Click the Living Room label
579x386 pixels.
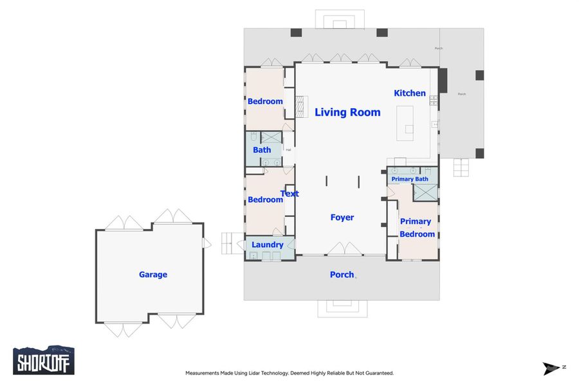click(x=347, y=113)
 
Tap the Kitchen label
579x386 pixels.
click(x=410, y=93)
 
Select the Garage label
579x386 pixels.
click(x=153, y=275)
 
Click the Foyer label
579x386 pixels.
click(x=342, y=217)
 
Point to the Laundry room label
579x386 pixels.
click(x=268, y=245)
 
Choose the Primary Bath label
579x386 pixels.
click(x=410, y=179)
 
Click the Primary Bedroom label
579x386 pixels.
click(x=416, y=228)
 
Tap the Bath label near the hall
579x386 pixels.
click(x=262, y=150)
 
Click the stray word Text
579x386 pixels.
click(x=289, y=194)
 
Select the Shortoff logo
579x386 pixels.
click(x=44, y=360)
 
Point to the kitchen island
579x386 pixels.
click(x=406, y=123)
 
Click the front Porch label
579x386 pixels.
click(x=342, y=275)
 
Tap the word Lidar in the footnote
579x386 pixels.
click(x=266, y=373)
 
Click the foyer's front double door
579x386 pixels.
click(x=345, y=250)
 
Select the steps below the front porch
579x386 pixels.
click(x=342, y=308)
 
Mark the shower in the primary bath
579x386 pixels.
click(x=424, y=192)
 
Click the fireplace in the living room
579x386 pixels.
click(x=302, y=106)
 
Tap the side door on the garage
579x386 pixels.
click(x=206, y=243)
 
